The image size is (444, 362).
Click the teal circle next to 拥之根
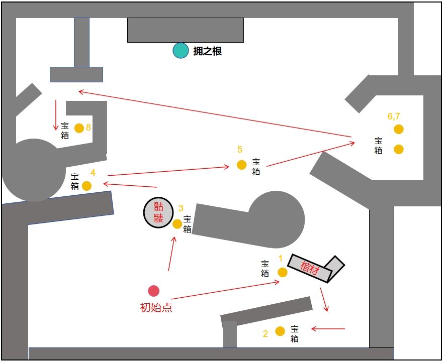point(181,51)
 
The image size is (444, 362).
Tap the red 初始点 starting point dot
point(154,291)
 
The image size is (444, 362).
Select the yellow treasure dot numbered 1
point(283,272)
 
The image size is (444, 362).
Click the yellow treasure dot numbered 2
point(280,331)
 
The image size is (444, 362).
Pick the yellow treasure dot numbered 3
point(177,224)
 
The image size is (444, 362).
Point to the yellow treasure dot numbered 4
point(86,186)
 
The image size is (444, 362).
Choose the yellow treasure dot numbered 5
point(241,165)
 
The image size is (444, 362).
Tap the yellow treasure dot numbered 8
point(79,128)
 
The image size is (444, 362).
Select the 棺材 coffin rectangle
point(310,269)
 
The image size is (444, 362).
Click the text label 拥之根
point(207,51)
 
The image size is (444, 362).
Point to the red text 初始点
point(156,307)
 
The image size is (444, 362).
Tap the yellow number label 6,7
point(394,116)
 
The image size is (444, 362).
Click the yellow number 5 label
point(240,150)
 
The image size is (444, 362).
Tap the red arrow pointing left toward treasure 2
point(328,329)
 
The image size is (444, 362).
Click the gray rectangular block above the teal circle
point(185,30)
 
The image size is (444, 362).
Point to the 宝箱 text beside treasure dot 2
point(295,334)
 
